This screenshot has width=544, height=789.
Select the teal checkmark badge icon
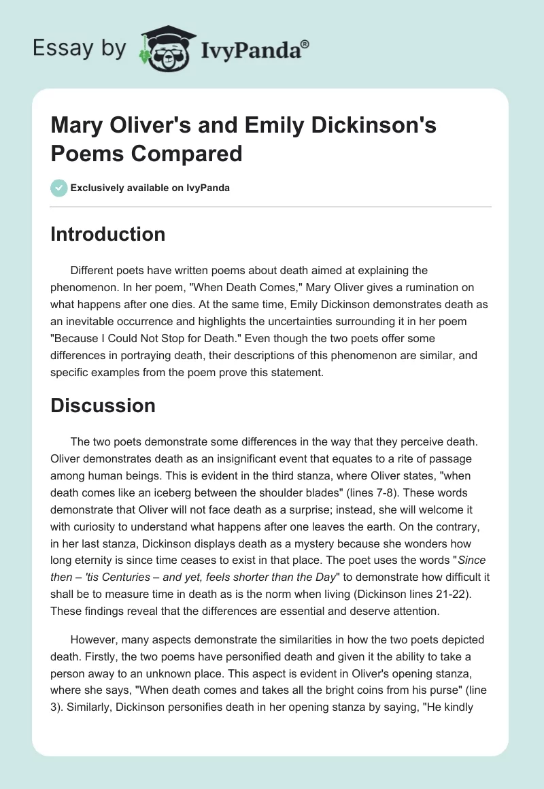click(59, 188)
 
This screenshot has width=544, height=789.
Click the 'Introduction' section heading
click(107, 234)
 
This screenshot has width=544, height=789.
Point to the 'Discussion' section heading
click(103, 405)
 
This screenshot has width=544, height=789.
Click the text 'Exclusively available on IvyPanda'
click(150, 188)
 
